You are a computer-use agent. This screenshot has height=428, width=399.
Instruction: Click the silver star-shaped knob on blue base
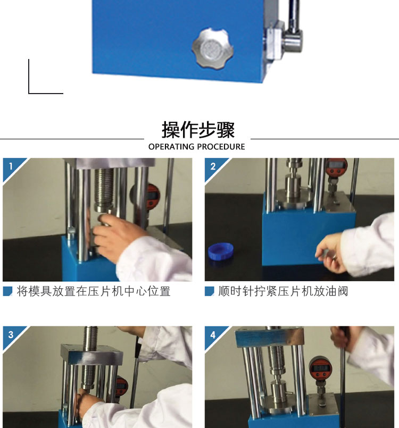[x=212, y=48]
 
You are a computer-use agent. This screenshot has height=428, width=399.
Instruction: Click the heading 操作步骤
[x=198, y=130]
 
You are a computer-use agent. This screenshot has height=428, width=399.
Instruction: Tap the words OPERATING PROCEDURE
[x=197, y=147]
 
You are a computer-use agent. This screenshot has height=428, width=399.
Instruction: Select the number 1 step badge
[x=11, y=166]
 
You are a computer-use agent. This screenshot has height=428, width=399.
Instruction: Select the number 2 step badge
[x=213, y=166]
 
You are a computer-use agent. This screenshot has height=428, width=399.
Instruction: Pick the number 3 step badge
[x=11, y=334]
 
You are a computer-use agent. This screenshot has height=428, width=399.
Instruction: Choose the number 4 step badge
[x=213, y=334]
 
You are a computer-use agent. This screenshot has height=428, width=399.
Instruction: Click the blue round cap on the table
[x=221, y=251]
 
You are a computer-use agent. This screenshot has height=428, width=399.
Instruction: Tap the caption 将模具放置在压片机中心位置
[x=94, y=291]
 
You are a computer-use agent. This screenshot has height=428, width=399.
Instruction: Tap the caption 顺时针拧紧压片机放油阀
[x=283, y=291]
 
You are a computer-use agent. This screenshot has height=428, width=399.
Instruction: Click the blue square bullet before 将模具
[x=7, y=291]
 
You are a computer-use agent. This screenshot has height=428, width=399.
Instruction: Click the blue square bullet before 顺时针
[x=210, y=291]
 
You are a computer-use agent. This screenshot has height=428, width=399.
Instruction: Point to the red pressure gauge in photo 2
[x=337, y=167]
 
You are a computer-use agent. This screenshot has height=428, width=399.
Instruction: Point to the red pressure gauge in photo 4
[x=321, y=368]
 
